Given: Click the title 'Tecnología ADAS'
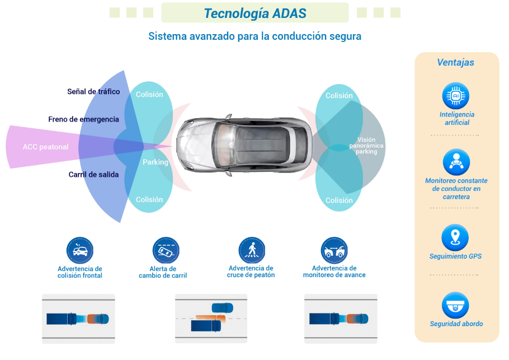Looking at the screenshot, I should tap(254, 13).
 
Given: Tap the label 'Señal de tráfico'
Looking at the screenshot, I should tap(93, 92).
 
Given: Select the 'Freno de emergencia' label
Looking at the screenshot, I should tap(84, 119).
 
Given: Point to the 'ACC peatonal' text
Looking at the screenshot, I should tap(46, 147).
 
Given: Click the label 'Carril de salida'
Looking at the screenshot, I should tap(93, 175).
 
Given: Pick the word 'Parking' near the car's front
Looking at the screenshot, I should tap(155, 162).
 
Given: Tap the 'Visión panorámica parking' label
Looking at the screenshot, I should tap(366, 146).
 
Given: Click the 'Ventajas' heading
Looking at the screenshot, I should tap(455, 63).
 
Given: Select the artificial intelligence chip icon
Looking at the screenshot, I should tap(456, 96).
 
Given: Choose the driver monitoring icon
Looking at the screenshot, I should tap(456, 162).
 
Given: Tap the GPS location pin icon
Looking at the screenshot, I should tap(455, 237).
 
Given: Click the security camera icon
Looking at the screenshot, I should tap(455, 305).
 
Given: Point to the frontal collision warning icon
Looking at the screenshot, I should tap(80, 250).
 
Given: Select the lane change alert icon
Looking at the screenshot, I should tap(166, 250).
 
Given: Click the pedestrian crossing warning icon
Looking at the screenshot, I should tap(252, 250).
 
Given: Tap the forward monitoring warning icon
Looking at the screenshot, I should tap(334, 250).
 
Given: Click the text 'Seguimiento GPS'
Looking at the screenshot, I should tap(455, 256).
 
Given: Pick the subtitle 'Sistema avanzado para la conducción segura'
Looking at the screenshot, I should tap(254, 36).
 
